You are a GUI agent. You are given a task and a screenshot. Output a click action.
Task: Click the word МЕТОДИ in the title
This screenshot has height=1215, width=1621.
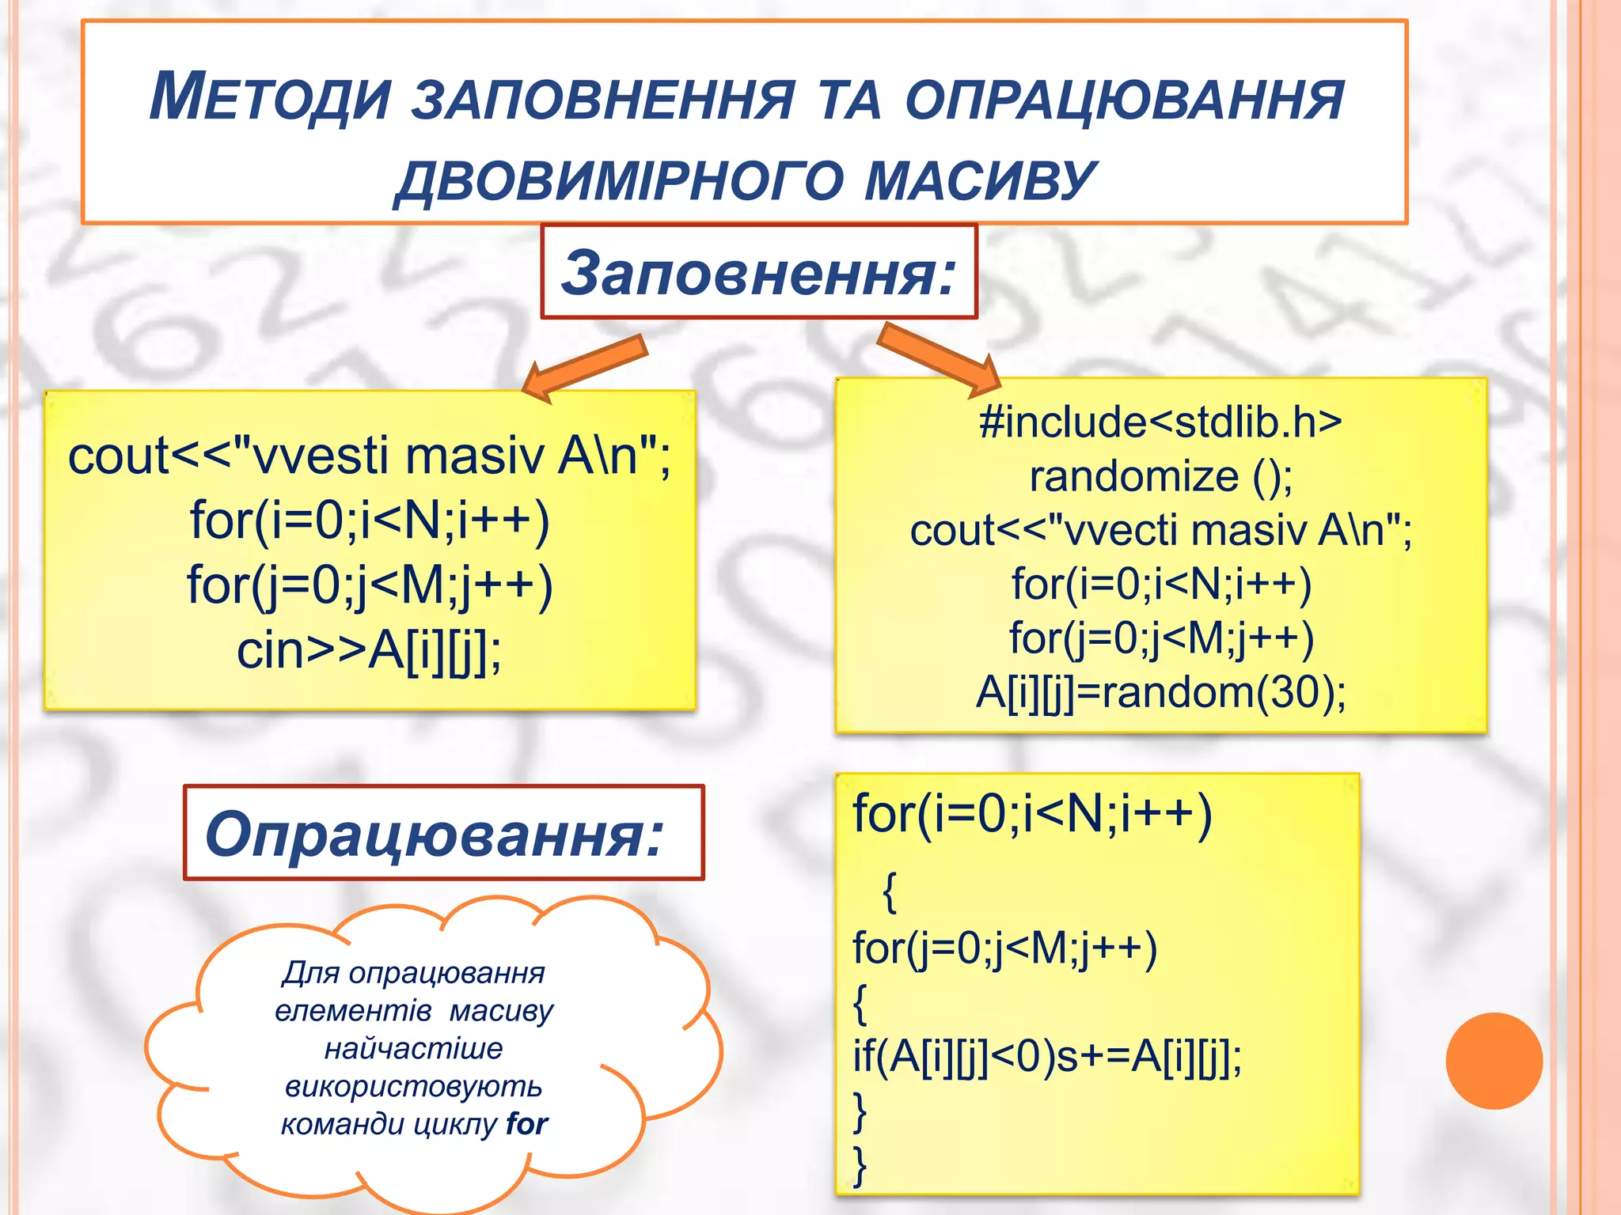(270, 98)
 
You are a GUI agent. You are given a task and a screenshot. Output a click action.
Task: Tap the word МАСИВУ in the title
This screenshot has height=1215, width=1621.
(980, 180)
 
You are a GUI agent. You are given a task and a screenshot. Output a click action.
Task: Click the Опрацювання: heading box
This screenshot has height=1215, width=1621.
(443, 834)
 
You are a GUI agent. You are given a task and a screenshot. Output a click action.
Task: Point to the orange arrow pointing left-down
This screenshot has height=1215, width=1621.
(587, 365)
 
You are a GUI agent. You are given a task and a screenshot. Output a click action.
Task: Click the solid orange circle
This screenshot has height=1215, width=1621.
(1494, 1060)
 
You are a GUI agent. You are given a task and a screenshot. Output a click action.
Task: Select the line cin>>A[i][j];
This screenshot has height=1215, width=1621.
(369, 650)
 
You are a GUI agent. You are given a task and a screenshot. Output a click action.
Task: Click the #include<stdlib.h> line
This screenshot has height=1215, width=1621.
(1160, 422)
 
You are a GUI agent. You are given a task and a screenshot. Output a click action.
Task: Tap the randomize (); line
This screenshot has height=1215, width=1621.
(1160, 476)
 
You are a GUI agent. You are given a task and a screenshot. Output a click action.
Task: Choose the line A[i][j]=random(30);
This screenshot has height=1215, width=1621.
(1160, 692)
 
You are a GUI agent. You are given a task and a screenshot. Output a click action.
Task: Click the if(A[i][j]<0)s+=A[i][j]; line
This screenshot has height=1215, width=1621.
(1046, 1056)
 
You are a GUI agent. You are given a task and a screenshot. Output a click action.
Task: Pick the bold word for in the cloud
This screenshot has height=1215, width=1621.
(527, 1123)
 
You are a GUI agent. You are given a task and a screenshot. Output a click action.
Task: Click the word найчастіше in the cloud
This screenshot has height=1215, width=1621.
(413, 1048)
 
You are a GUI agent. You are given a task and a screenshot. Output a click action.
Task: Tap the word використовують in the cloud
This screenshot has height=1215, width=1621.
(413, 1086)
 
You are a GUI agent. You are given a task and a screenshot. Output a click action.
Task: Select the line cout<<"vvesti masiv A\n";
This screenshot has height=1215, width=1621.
(369, 456)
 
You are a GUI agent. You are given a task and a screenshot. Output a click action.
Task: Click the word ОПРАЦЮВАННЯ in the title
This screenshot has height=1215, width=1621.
(1124, 100)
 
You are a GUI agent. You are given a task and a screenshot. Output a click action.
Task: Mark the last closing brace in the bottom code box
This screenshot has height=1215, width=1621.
(860, 1164)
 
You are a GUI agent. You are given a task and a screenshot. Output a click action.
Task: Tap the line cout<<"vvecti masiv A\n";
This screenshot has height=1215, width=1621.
(1160, 530)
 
